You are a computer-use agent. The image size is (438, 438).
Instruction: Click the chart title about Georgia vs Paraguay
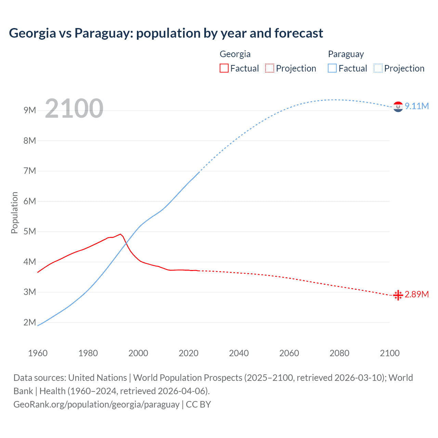166,33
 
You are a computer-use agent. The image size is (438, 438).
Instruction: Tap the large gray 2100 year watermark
74,108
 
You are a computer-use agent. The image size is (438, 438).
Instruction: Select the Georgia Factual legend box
224,68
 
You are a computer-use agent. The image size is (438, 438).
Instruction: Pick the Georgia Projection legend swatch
270,68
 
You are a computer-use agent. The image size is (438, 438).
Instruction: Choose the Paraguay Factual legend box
332,68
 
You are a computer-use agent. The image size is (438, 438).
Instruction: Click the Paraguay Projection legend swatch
378,68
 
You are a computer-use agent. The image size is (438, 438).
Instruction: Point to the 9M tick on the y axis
30,110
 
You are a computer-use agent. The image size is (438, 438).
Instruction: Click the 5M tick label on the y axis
30,231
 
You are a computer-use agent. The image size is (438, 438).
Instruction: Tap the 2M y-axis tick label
30,322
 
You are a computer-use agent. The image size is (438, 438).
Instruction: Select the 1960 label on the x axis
38,353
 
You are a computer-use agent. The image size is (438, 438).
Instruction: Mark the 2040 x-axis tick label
239,353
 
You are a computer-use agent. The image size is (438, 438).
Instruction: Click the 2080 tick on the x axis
339,353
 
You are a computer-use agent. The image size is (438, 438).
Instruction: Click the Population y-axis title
14,212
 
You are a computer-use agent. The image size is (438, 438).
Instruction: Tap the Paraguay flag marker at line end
398,107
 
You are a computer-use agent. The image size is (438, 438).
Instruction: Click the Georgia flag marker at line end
398,295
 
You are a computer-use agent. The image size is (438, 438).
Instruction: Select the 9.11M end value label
417,106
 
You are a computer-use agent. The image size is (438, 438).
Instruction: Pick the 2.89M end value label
417,294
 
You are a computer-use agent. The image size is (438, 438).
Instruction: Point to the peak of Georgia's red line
120,234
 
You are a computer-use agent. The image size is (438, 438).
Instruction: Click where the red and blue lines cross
126,243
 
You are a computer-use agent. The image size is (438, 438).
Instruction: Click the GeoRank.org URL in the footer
96,404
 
